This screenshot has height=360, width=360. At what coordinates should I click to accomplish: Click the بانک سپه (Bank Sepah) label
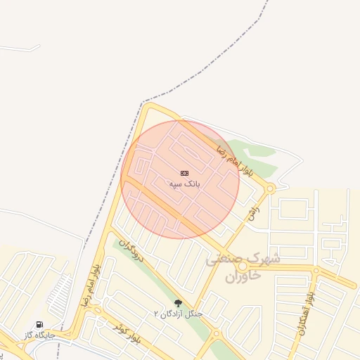coord(185,184)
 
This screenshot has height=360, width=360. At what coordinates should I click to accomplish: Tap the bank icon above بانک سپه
coord(184,173)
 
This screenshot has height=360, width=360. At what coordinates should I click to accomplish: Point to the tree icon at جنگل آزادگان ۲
coord(178,303)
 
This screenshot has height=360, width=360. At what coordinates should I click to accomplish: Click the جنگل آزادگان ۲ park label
coord(179,313)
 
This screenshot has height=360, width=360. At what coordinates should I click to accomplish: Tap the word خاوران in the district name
coord(243,276)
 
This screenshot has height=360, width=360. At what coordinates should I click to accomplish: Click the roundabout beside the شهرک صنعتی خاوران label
coord(243,267)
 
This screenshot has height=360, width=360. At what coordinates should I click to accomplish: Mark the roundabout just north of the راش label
coord(270,188)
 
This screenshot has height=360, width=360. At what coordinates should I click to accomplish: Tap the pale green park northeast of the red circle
coord(253,158)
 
